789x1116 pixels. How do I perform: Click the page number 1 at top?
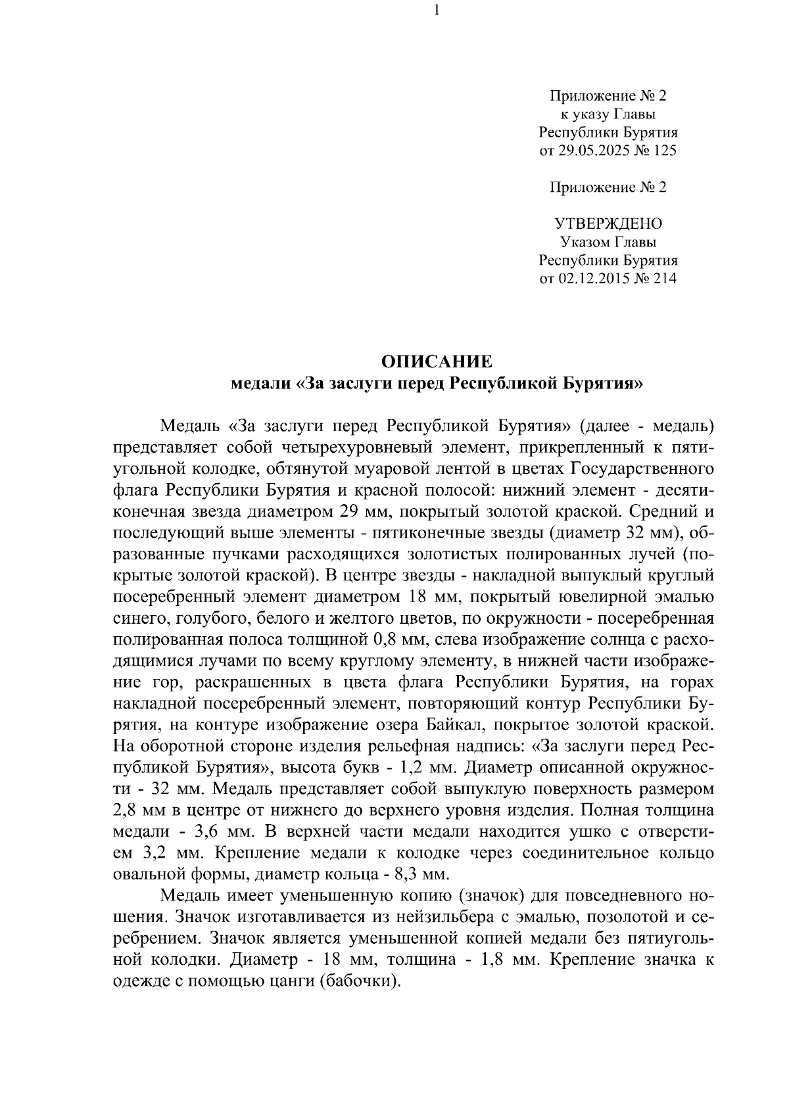tap(436, 11)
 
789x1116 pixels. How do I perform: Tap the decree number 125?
tap(665, 151)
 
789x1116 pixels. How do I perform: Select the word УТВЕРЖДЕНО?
tap(608, 223)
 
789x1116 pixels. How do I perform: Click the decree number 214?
tap(665, 279)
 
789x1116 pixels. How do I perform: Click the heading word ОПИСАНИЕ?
tap(437, 361)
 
